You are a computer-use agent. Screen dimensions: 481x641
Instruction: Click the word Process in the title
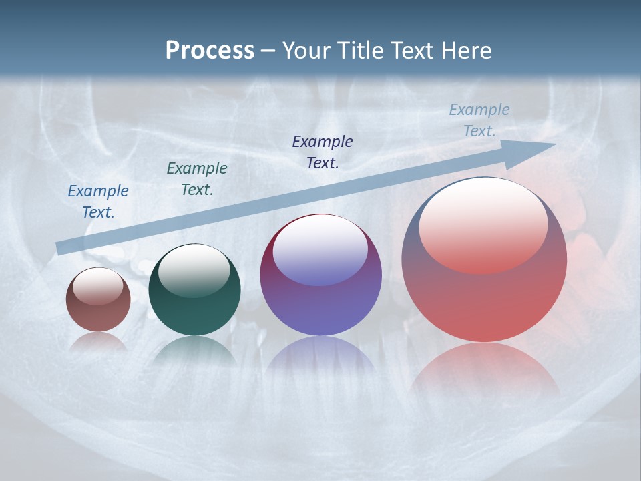point(210,50)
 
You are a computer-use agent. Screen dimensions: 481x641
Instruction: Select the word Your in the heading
point(308,50)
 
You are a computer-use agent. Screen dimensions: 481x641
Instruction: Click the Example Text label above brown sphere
point(98,202)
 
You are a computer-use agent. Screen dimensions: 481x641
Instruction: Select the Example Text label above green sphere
point(197,179)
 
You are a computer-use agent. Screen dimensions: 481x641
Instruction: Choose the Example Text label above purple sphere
point(323,152)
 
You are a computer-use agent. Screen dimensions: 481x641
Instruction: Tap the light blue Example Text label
point(479,120)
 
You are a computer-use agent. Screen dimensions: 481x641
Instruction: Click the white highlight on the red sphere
point(483,224)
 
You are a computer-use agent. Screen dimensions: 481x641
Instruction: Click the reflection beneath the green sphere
point(194,351)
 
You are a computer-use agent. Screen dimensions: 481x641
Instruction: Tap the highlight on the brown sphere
point(98,286)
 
